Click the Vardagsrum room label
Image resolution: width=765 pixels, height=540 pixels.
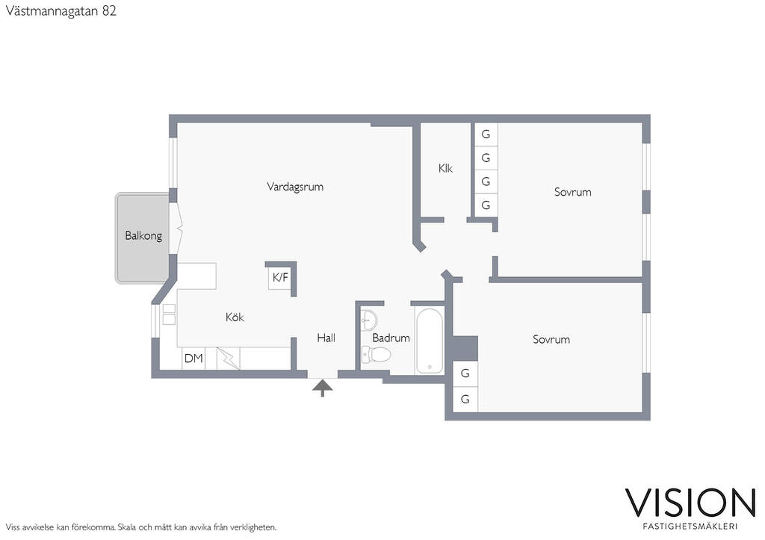pyautogui.click(x=294, y=187)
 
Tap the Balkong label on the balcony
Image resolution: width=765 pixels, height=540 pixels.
pyautogui.click(x=143, y=235)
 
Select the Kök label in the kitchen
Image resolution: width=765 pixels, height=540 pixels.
pyautogui.click(x=235, y=317)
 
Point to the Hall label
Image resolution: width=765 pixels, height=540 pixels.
pyautogui.click(x=326, y=338)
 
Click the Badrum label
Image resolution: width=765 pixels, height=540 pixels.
pyautogui.click(x=391, y=338)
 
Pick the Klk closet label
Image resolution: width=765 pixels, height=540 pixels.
pyautogui.click(x=445, y=168)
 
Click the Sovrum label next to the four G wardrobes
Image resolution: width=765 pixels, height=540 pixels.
pyautogui.click(x=573, y=192)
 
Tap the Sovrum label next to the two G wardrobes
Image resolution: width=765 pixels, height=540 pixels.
pyautogui.click(x=551, y=340)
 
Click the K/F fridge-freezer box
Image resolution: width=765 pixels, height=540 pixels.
pyautogui.click(x=280, y=278)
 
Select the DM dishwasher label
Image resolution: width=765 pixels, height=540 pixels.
pyautogui.click(x=193, y=359)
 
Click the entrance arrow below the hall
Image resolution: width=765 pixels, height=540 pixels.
pyautogui.click(x=323, y=389)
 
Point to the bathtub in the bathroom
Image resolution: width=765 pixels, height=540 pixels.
pyautogui.click(x=430, y=341)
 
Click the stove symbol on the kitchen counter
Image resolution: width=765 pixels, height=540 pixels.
pyautogui.click(x=228, y=359)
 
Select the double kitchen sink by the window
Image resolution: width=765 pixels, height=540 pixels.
pyautogui.click(x=169, y=314)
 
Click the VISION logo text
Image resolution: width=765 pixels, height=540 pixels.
pyautogui.click(x=690, y=503)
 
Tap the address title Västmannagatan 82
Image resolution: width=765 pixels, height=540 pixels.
pyautogui.click(x=61, y=11)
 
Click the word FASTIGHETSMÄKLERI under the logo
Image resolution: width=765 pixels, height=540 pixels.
pyautogui.click(x=690, y=527)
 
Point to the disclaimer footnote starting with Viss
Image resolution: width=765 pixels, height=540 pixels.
pyautogui.click(x=141, y=527)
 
